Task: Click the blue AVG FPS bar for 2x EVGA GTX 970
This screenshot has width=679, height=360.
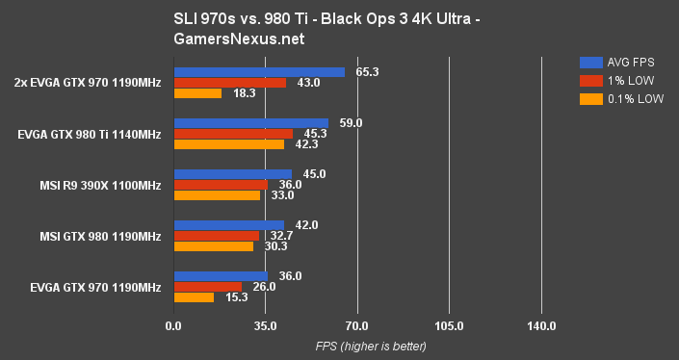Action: [259, 72]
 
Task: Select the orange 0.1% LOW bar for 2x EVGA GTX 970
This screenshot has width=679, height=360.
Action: [197, 93]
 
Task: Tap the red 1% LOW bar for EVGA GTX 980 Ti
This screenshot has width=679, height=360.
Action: [233, 134]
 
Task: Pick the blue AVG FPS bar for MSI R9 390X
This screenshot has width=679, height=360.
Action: [232, 174]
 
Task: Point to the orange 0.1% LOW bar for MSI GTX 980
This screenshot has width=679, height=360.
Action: [213, 246]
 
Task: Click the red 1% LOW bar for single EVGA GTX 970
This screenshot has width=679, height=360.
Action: [207, 287]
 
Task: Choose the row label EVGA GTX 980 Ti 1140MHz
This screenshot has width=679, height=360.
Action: [90, 134]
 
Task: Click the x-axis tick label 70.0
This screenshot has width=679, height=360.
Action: [357, 326]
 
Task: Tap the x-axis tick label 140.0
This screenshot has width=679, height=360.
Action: [541, 326]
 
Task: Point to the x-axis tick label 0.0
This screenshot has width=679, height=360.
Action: [173, 326]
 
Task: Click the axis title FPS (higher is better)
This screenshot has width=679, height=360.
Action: [357, 347]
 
